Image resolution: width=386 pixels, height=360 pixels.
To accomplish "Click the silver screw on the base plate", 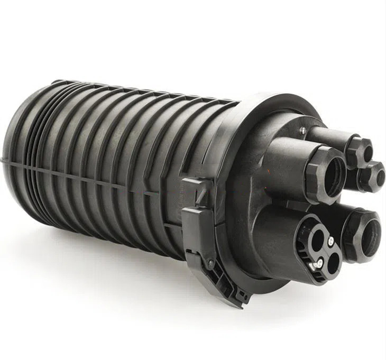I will pos(302,131).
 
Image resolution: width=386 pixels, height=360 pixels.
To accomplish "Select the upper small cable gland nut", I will pos(359,151).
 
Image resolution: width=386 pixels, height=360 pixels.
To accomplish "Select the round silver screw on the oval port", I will pos(330,242).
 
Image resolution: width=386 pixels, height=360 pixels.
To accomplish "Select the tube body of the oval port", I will pos(275,227).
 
